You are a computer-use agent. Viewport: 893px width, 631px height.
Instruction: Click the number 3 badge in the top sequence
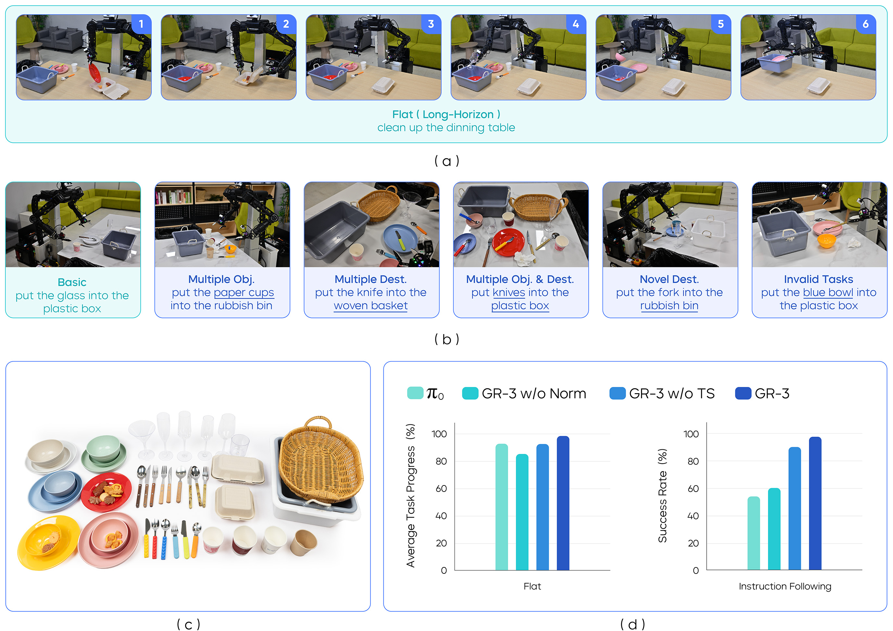point(431,24)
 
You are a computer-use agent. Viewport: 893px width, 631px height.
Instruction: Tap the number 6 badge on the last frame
point(866,24)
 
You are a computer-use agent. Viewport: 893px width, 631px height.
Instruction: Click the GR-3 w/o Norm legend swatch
point(470,393)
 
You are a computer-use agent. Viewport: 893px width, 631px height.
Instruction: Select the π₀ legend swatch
point(415,393)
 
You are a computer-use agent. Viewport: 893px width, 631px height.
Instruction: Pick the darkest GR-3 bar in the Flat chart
point(563,503)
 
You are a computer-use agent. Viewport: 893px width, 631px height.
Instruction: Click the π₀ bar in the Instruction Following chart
point(753,533)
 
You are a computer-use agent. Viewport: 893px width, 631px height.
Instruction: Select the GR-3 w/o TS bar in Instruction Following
point(795,509)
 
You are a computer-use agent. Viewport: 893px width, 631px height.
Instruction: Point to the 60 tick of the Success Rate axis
point(693,489)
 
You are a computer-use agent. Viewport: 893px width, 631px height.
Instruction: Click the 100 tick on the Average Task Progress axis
point(439,434)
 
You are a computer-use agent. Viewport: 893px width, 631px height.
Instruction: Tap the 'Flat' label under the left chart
point(532,586)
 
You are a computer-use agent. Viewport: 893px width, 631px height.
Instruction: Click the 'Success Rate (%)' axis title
point(662,496)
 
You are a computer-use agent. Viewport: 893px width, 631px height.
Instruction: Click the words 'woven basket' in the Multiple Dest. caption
point(371,306)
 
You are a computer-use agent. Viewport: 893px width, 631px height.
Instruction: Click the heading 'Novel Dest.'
point(669,279)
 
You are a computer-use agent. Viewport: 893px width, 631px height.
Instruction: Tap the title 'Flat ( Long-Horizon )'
point(446,114)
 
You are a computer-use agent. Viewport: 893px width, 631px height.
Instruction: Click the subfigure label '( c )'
point(189,624)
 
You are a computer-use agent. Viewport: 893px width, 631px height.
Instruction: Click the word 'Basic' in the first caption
point(72,282)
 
